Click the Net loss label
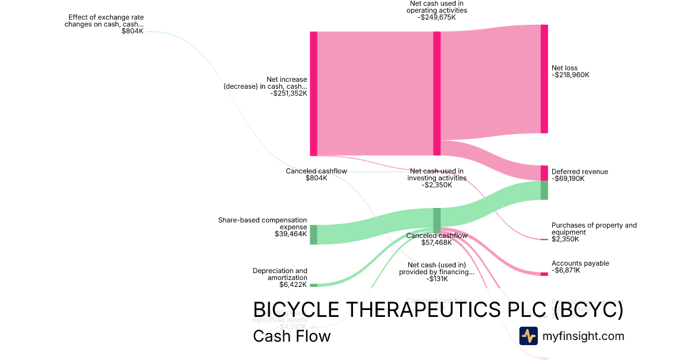(x=564, y=68)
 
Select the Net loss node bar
(x=544, y=79)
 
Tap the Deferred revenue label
(x=579, y=172)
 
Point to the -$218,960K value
(x=570, y=75)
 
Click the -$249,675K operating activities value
(x=436, y=17)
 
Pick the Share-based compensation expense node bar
(x=313, y=235)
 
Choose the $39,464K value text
(x=291, y=234)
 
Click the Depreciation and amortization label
(x=280, y=274)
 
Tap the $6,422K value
(x=293, y=285)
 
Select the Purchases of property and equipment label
(x=594, y=229)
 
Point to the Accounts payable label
(x=580, y=263)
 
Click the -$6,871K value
(x=565, y=270)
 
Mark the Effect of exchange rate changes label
(x=105, y=21)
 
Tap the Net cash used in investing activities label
(x=436, y=175)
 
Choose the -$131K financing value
(x=436, y=279)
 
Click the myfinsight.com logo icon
(x=528, y=336)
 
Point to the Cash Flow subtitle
(x=291, y=336)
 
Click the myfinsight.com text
(x=583, y=336)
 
